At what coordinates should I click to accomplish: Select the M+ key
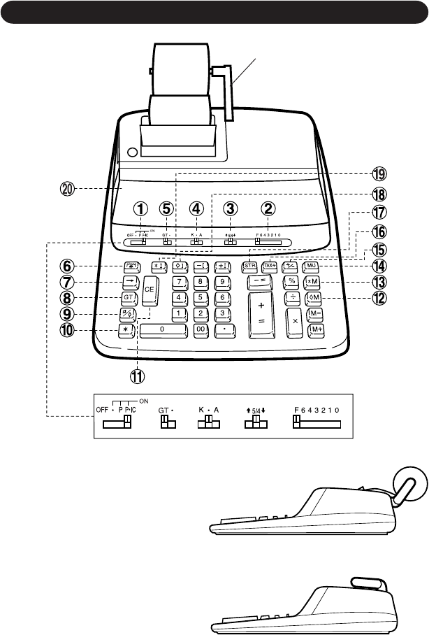pyautogui.click(x=317, y=329)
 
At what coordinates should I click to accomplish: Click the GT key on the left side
pyautogui.click(x=129, y=297)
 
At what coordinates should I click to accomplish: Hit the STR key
pyautogui.click(x=250, y=266)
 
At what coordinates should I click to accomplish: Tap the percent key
pyautogui.click(x=291, y=281)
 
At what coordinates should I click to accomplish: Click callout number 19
pyautogui.click(x=380, y=174)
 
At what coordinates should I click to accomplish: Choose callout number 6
pyautogui.click(x=68, y=266)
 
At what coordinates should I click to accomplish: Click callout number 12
pyautogui.click(x=380, y=298)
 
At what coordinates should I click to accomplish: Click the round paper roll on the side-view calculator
pyautogui.click(x=409, y=484)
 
